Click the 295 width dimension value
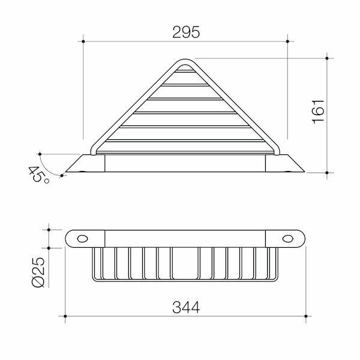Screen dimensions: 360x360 coord(187,32)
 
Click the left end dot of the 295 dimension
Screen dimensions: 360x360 coord(83,41)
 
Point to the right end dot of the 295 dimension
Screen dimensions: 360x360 coord(289,41)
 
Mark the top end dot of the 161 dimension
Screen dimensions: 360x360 coord(326,58)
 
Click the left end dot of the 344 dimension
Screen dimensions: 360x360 coord(65,316)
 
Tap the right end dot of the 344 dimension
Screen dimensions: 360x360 coord(307,316)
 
